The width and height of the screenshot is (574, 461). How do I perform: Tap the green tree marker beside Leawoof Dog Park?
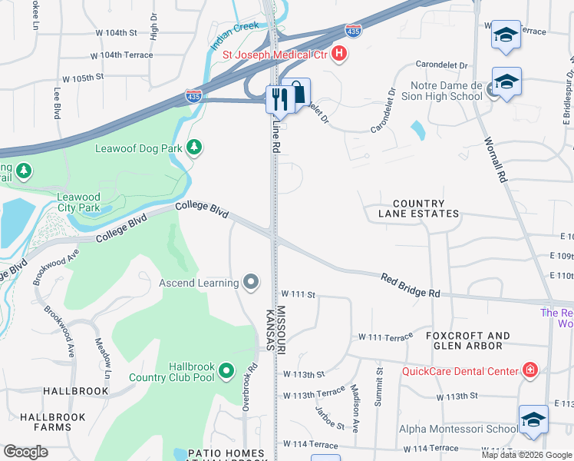pos(195,147)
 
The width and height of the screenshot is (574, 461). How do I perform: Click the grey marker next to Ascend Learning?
pos(251,283)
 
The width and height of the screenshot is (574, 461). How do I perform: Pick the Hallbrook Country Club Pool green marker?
pos(226,371)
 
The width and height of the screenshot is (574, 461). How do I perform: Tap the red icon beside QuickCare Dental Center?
pos(529,371)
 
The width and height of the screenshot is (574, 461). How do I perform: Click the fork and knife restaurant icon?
pos(278,98)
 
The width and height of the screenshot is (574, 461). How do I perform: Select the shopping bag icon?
pos(298,92)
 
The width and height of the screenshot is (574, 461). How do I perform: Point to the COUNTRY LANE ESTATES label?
pos(419,207)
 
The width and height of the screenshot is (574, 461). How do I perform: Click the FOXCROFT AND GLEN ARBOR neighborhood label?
pos(467,340)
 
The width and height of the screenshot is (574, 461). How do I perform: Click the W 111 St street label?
pos(299,294)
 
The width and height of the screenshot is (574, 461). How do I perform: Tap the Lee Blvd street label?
pos(56,102)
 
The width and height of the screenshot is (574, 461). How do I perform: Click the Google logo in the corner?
pos(25,452)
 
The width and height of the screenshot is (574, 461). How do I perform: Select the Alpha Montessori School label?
pos(457,429)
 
